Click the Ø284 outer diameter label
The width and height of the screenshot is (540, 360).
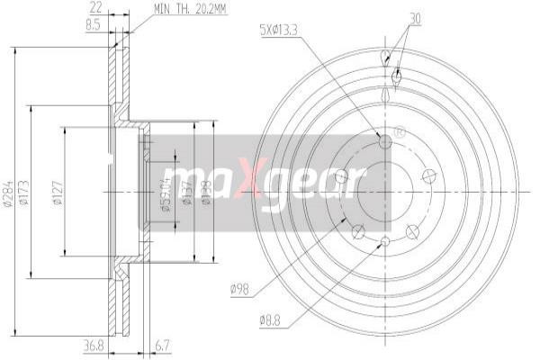click(7, 192)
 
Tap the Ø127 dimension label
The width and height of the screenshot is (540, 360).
click(56, 192)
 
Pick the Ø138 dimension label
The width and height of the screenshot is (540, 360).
click(206, 192)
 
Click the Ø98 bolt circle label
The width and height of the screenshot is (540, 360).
click(239, 288)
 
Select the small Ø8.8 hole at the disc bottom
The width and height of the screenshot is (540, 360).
click(385, 240)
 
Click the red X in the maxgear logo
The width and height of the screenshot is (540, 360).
click(255, 180)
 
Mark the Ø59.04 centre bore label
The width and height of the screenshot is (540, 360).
click(166, 192)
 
